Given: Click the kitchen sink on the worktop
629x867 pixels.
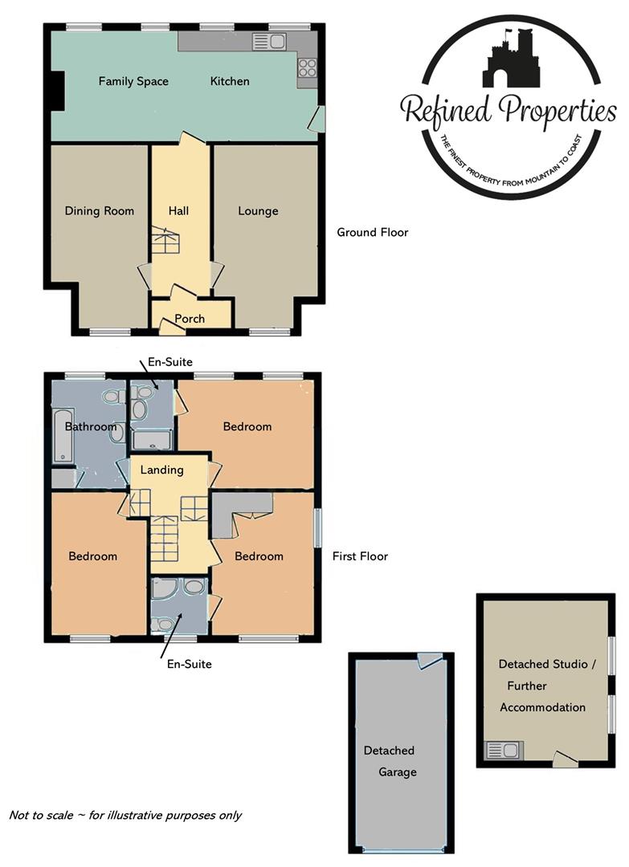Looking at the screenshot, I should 269,41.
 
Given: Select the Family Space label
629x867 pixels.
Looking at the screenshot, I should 133,81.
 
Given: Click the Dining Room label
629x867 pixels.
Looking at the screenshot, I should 100,211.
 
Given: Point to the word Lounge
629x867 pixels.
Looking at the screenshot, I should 258,211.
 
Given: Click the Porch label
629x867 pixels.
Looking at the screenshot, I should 190,319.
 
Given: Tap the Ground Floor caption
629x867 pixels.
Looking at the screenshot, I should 372,233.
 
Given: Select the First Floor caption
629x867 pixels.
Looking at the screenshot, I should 361,556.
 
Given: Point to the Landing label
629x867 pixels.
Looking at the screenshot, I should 161,470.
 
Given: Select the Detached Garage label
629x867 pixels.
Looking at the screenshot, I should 390,761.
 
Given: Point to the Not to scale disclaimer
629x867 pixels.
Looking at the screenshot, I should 125,815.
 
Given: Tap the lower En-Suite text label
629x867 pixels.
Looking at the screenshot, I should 189,664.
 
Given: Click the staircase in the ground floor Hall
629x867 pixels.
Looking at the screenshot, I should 164,242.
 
